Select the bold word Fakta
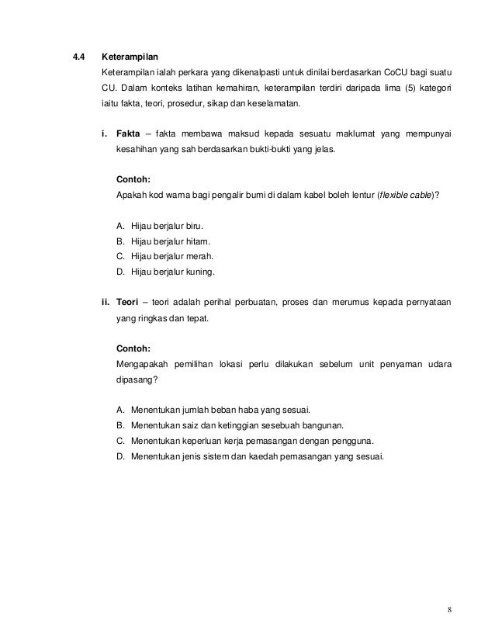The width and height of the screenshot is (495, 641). click(x=129, y=133)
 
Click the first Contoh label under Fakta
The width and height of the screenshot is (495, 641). click(x=132, y=179)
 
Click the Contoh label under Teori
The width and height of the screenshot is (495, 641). click(x=132, y=348)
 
